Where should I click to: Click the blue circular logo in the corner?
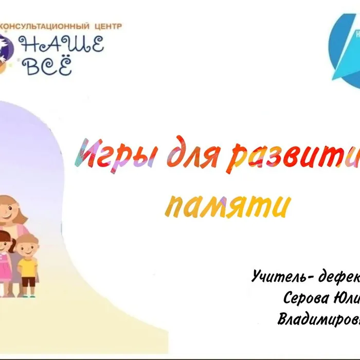(x=345, y=44)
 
